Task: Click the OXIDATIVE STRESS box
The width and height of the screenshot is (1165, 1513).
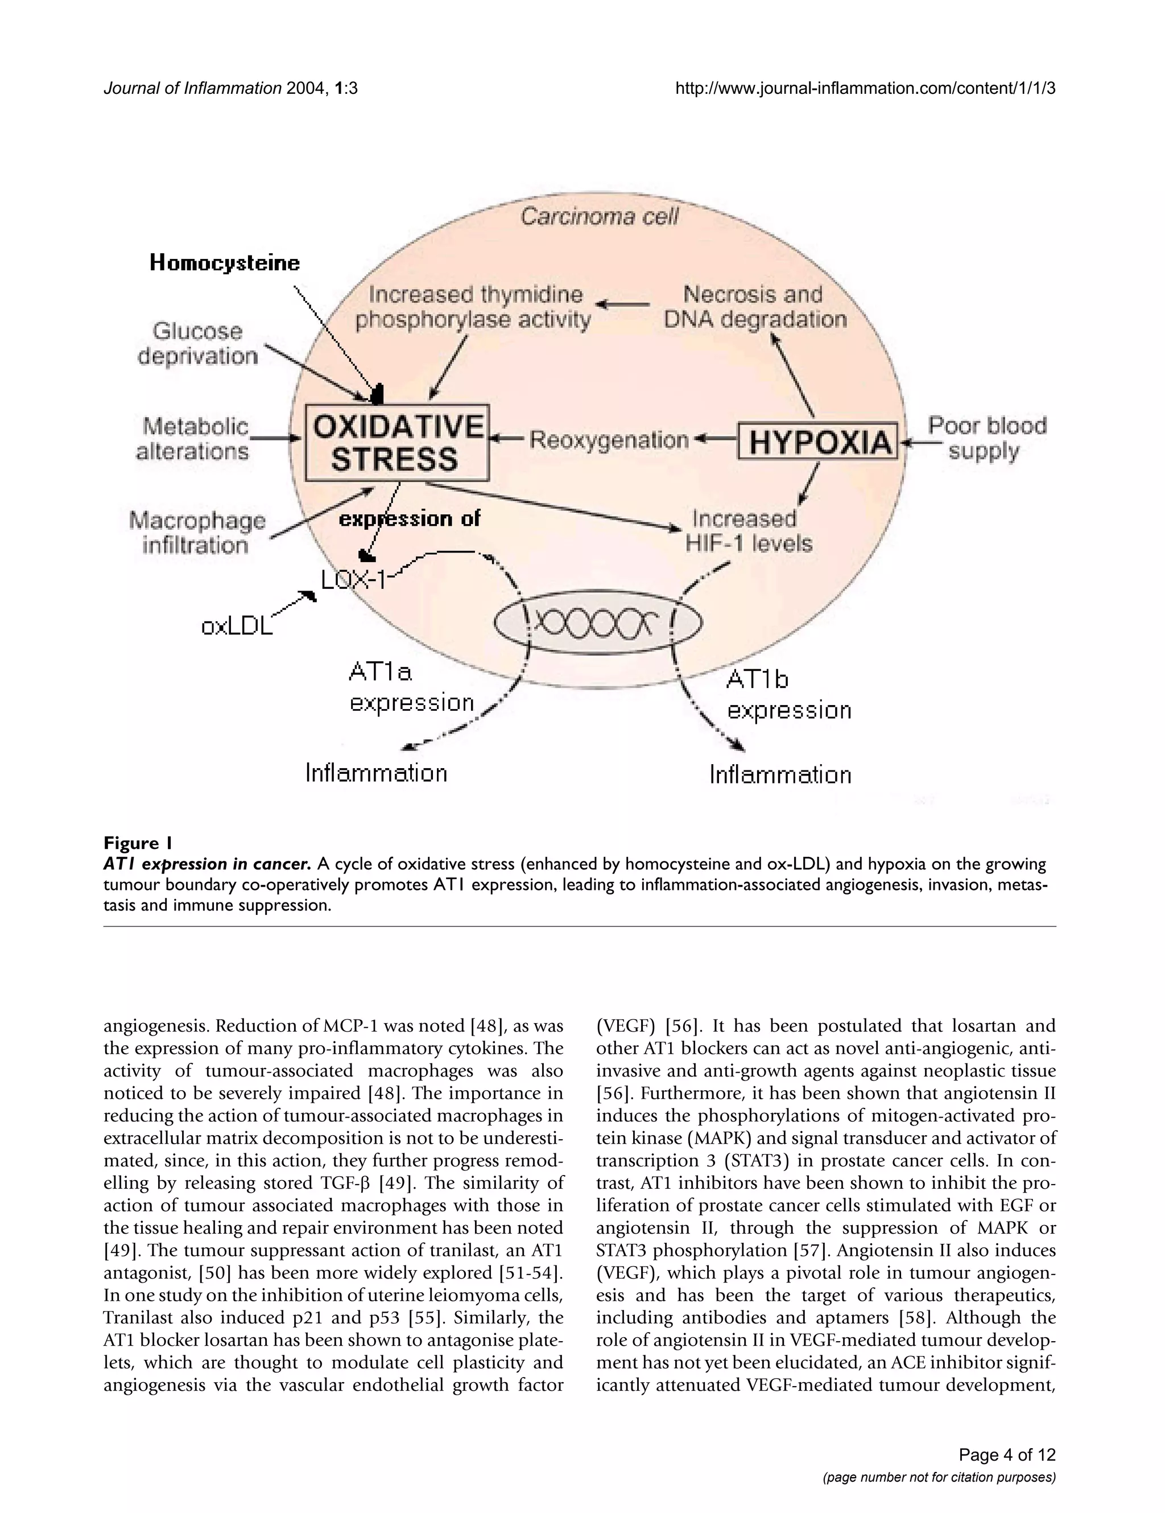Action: click(x=398, y=443)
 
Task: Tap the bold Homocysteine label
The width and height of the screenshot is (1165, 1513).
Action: click(x=225, y=263)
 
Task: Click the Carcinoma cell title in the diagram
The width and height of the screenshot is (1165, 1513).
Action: click(x=600, y=217)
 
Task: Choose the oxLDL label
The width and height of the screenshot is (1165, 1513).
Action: click(x=237, y=626)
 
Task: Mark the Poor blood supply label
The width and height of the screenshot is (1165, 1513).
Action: click(x=986, y=438)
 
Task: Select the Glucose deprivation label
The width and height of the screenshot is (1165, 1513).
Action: click(x=197, y=344)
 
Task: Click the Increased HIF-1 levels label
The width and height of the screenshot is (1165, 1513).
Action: click(x=748, y=531)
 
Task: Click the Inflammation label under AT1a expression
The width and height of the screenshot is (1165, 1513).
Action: click(x=377, y=773)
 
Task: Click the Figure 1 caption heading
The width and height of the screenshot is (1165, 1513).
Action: click(x=137, y=843)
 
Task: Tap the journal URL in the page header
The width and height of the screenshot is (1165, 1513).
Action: click(x=865, y=89)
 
